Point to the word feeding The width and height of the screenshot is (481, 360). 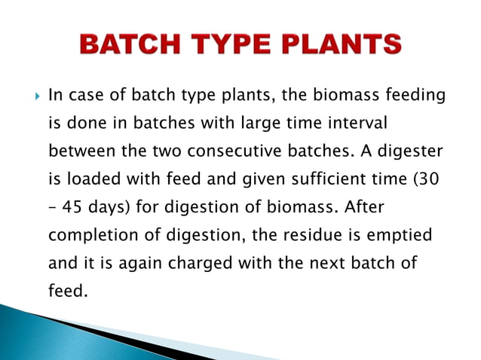tap(412, 96)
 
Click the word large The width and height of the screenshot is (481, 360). tap(263, 124)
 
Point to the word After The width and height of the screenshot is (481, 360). tap(364, 207)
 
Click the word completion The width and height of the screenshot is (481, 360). tap(94, 235)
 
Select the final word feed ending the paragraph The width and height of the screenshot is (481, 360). tap(66, 290)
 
